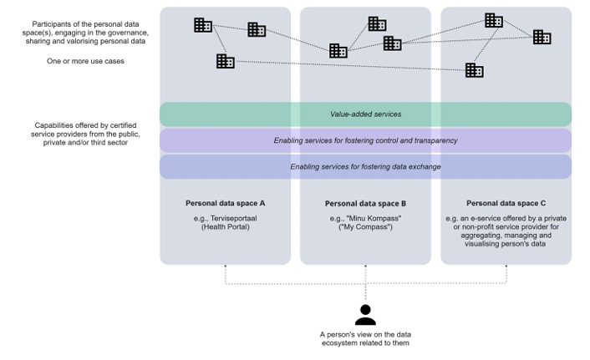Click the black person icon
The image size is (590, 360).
(365, 315)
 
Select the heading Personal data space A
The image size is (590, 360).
(225, 203)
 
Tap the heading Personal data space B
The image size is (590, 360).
(365, 204)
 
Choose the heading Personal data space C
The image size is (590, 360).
(506, 203)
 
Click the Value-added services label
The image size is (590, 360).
(365, 114)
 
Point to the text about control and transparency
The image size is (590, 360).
(365, 140)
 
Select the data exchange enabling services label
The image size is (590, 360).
(365, 167)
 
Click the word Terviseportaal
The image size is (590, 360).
(234, 218)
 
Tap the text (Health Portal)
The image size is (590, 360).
(226, 227)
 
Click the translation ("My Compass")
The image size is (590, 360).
(365, 227)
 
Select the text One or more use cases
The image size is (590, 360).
(85, 61)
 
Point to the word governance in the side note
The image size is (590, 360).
(130, 33)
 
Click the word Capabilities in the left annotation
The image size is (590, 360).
(53, 125)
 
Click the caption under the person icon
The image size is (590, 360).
(365, 338)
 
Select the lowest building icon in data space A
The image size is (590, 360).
(226, 61)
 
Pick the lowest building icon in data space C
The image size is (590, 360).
(474, 70)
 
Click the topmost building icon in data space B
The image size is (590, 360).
(377, 23)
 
